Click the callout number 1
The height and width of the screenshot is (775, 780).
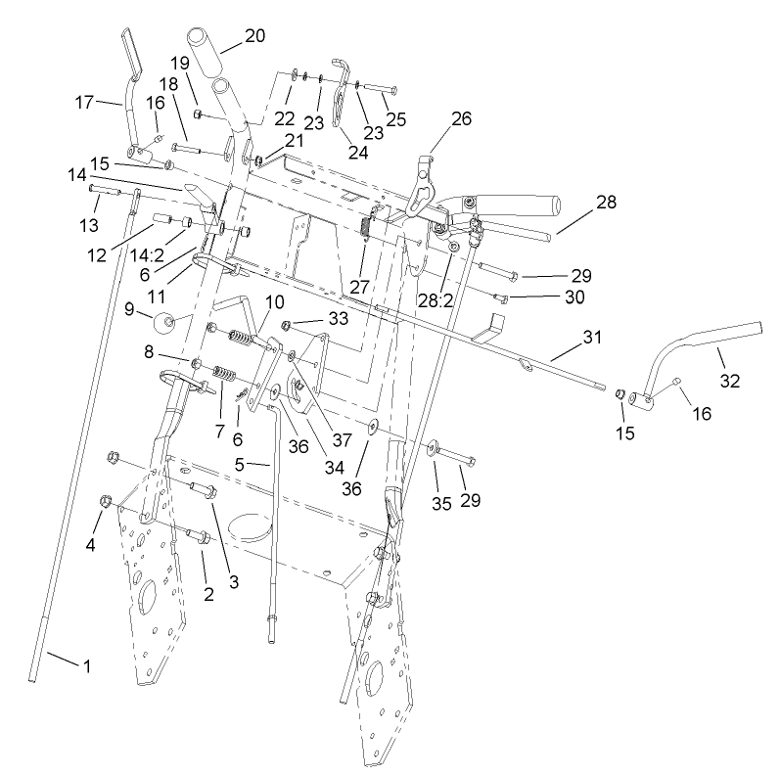(86, 666)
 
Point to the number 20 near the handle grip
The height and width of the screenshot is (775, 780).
(253, 35)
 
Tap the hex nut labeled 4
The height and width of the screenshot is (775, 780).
(106, 503)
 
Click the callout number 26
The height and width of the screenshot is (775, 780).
(460, 118)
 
